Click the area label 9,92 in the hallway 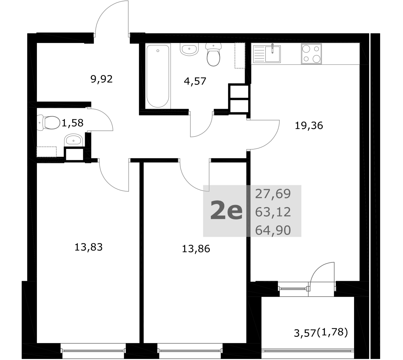click(101, 79)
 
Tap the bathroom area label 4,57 click(195, 81)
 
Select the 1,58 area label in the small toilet click(73, 123)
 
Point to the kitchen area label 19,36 click(309, 126)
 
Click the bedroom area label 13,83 click(88, 247)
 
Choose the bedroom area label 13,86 click(196, 249)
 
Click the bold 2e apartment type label click(226, 211)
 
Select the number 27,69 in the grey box click(273, 194)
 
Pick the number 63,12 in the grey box click(273, 212)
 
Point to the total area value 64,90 click(273, 230)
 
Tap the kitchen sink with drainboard click(267, 54)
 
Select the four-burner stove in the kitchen click(311, 54)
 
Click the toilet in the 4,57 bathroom click(213, 55)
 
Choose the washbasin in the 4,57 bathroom click(189, 49)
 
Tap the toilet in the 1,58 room click(49, 123)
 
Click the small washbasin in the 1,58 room click(73, 140)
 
